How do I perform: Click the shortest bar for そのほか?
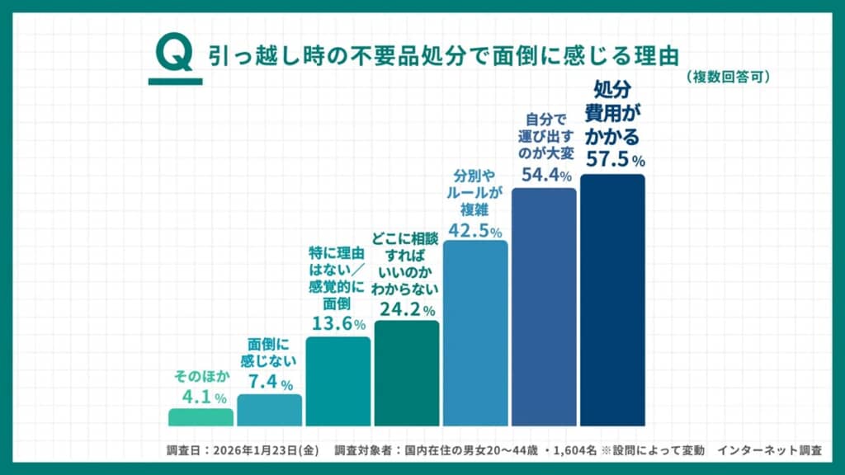201,417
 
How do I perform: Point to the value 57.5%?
615,158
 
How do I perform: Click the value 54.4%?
546,175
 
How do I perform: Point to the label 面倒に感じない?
270,352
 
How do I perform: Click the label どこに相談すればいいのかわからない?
406,264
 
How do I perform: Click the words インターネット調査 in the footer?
769,451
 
